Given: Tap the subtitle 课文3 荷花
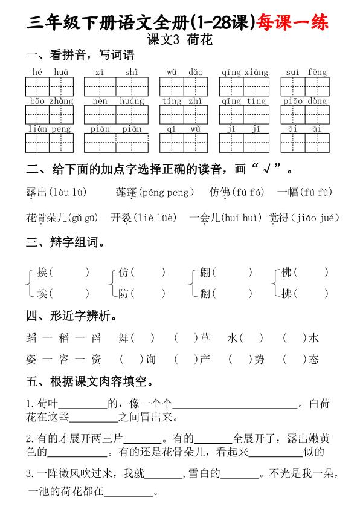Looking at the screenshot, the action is [x=179, y=41].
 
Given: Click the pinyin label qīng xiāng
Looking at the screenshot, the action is [x=244, y=73].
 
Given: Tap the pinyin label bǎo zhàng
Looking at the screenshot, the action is [x=51, y=101].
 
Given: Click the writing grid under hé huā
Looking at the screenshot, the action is [x=49, y=86].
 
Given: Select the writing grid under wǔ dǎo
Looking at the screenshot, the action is [x=184, y=86].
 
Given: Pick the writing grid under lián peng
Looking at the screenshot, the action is [x=49, y=142].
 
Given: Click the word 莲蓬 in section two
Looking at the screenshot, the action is [x=126, y=193].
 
